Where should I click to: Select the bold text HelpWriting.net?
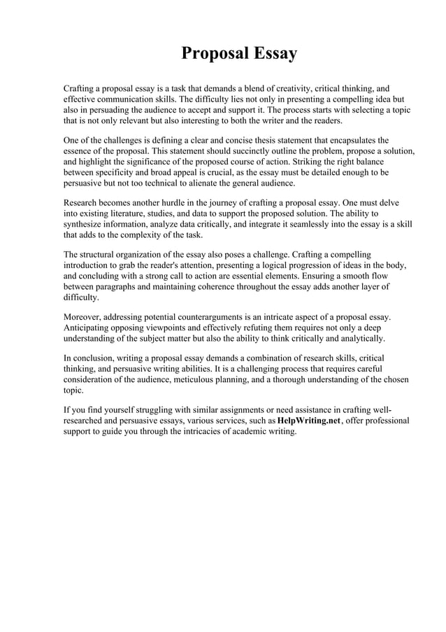309,421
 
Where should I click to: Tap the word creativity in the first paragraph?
289,89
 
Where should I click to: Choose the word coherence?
239,286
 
